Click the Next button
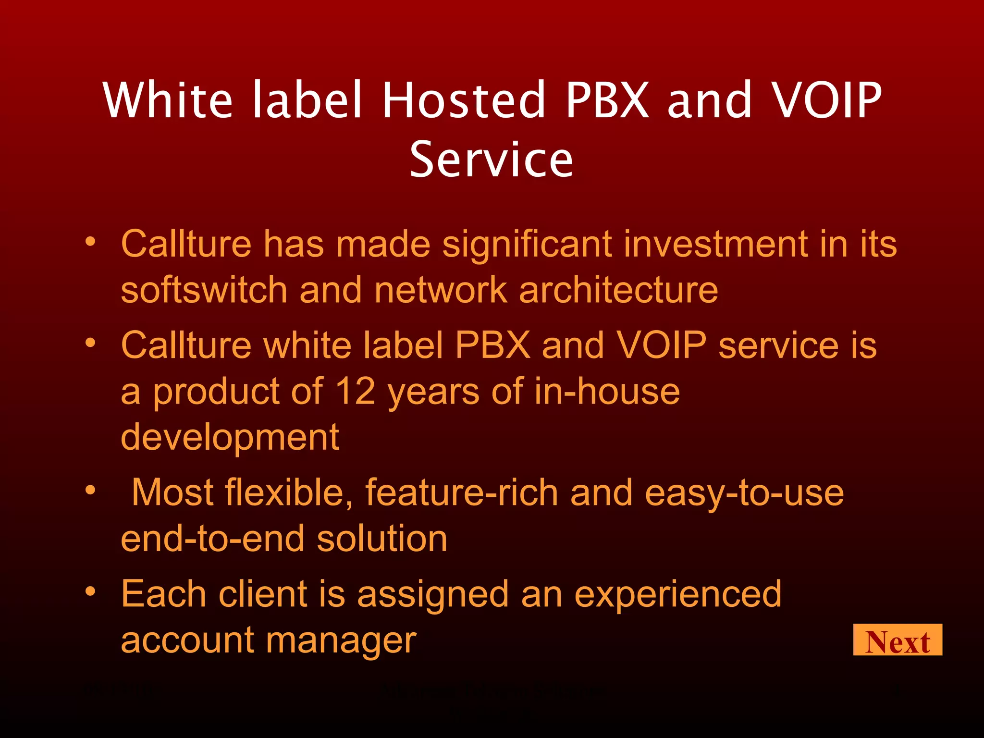[x=897, y=640]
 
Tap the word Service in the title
[x=491, y=160]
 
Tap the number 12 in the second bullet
[x=355, y=391]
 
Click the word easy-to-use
[x=744, y=493]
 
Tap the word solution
[x=382, y=539]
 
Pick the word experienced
[x=678, y=595]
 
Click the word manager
[x=341, y=641]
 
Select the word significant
[x=527, y=244]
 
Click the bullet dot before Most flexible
[x=90, y=490]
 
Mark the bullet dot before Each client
[x=90, y=591]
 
